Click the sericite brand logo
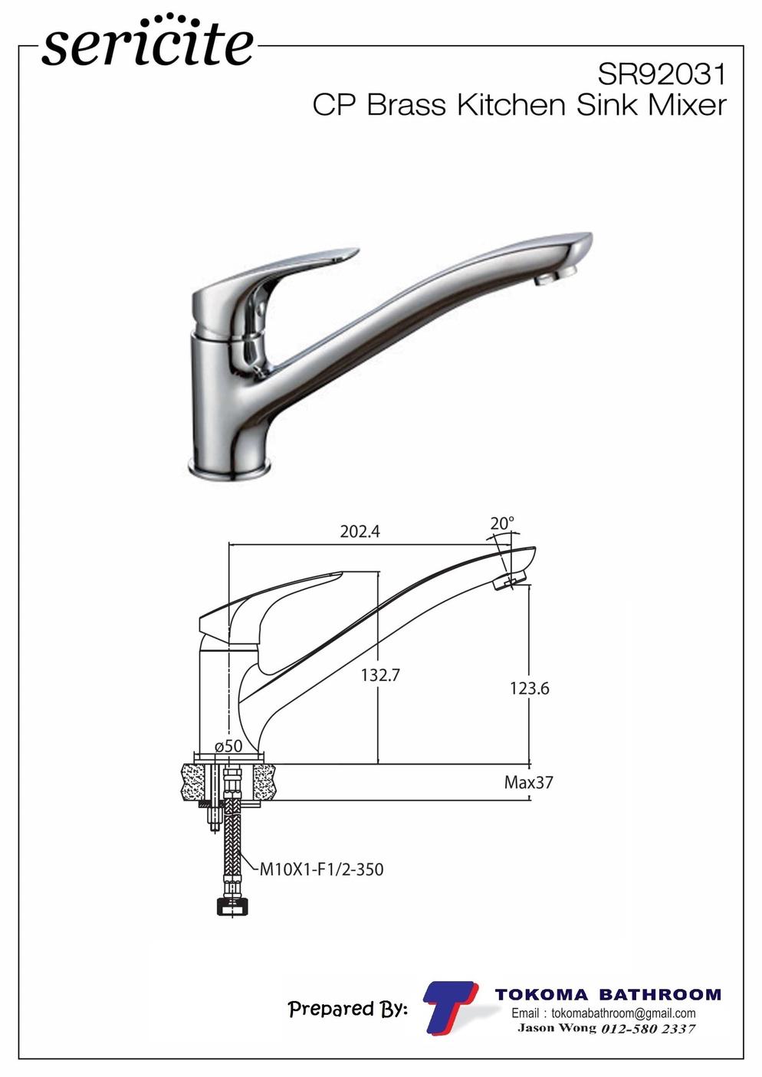(x=147, y=42)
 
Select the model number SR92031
(x=662, y=74)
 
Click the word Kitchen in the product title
(x=511, y=105)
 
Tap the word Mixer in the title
(x=687, y=105)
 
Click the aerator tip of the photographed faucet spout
(x=556, y=277)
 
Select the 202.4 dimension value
(x=360, y=532)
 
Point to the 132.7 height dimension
(x=380, y=675)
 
